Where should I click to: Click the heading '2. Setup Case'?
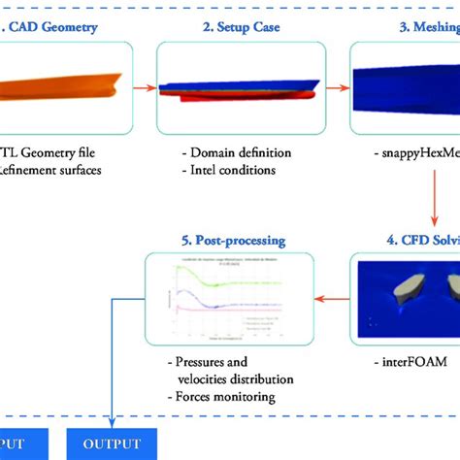tap(241, 26)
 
